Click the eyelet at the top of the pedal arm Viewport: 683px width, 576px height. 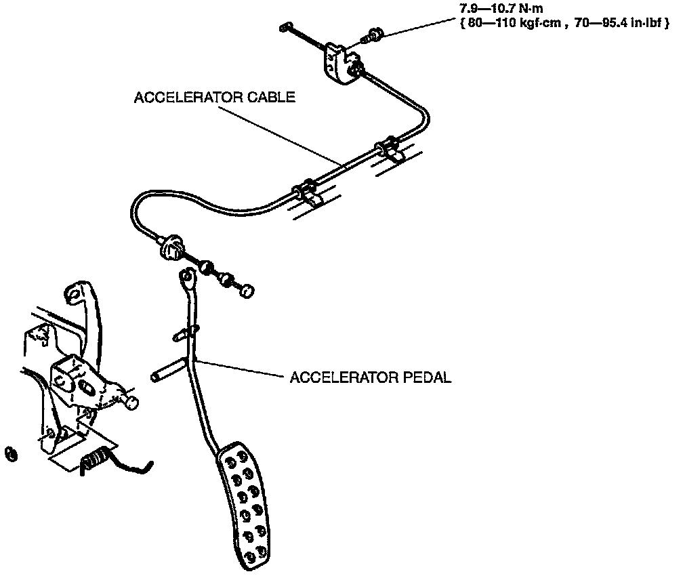[x=187, y=276]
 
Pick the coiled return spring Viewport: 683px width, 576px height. [x=96, y=459]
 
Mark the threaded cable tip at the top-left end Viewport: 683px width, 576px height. [x=285, y=27]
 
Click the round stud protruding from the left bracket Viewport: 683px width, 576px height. [x=131, y=403]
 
